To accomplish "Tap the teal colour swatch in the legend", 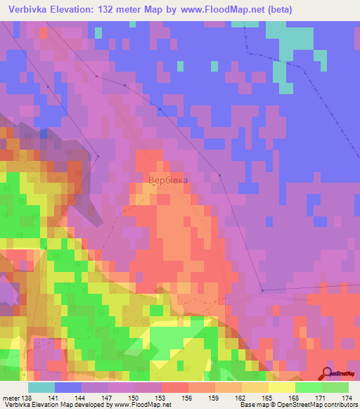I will (41, 387).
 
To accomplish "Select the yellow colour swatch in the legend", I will (281, 387).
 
